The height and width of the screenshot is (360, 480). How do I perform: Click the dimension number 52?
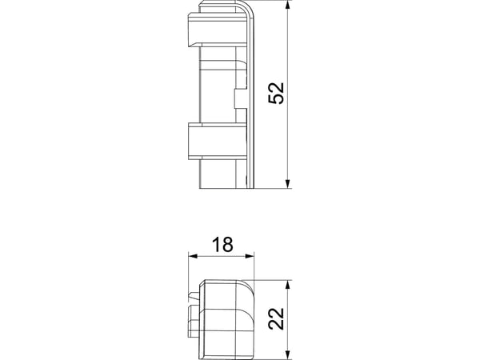276,94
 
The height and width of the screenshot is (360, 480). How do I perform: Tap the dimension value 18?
222,245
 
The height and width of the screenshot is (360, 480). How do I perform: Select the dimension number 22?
276,318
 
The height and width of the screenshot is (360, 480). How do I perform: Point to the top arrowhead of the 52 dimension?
287,6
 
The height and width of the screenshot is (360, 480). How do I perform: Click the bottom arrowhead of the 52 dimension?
287,183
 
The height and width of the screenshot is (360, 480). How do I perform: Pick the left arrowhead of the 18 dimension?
193,256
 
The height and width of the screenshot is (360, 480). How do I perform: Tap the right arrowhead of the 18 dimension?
250,256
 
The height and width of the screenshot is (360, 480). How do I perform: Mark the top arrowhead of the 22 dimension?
287,285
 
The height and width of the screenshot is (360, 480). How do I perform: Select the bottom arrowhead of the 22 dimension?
287,355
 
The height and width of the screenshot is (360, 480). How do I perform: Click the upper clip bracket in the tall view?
218,30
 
